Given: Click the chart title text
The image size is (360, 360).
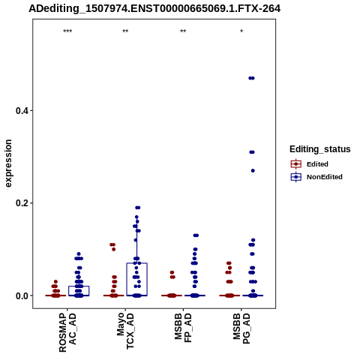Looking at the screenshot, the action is click(154, 9).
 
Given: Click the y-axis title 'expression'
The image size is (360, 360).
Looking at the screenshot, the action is click(8, 163).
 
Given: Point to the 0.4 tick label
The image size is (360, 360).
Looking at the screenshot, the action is click(21, 110).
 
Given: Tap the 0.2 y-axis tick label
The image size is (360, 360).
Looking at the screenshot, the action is click(21, 203).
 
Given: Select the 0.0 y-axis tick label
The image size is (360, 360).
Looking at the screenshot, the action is click(21, 295).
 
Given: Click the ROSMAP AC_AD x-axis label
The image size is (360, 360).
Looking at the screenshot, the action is click(67, 333).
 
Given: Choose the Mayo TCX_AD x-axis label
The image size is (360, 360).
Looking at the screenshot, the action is click(125, 331).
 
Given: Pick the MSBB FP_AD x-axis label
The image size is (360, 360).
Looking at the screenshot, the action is click(183, 328).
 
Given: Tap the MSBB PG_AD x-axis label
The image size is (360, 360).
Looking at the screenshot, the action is click(241, 328).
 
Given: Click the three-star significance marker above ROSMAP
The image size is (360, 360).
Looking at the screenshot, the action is click(67, 31).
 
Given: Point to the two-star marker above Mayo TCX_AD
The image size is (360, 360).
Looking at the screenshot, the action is click(125, 31).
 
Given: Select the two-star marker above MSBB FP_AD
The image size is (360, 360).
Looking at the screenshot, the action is click(183, 31).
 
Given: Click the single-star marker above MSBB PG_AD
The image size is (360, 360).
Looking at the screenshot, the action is click(241, 31).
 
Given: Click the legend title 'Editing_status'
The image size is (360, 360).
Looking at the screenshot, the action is click(320, 149).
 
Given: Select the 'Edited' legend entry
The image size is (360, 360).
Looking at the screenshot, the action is click(309, 164).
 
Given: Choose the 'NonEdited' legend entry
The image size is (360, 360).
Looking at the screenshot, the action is click(316, 177).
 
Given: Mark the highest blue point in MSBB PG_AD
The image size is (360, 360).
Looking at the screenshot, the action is click(251, 78).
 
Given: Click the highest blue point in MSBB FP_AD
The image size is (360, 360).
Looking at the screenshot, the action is click(196, 235).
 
